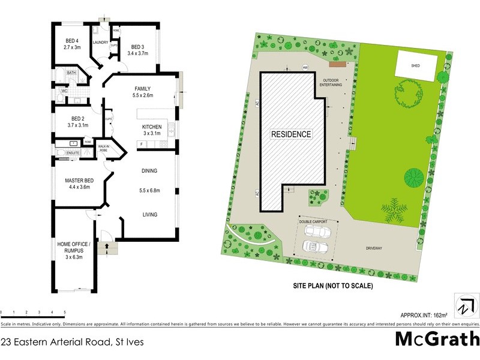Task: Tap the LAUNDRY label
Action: [99, 42]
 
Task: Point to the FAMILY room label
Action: [143, 88]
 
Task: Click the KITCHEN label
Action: [152, 127]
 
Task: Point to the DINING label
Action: [149, 171]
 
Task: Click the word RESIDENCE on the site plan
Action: [291, 134]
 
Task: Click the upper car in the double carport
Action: [317, 231]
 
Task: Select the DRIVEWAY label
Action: [377, 247]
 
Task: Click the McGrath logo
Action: [437, 340]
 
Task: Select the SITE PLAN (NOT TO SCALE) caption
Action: [334, 286]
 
